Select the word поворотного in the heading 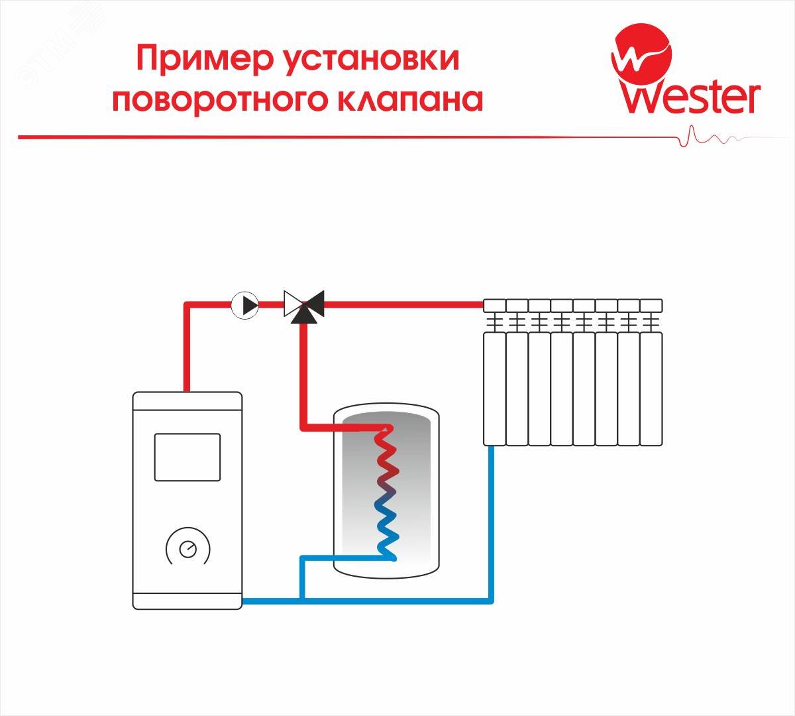pyautogui.click(x=221, y=99)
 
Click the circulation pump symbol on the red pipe pyautogui.click(x=245, y=305)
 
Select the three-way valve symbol pyautogui.click(x=303, y=305)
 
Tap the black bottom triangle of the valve pyautogui.click(x=303, y=314)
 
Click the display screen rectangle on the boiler pyautogui.click(x=187, y=457)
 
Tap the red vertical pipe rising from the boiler pyautogui.click(x=187, y=348)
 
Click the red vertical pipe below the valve pyautogui.click(x=304, y=371)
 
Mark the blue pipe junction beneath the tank pyautogui.click(x=301, y=601)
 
